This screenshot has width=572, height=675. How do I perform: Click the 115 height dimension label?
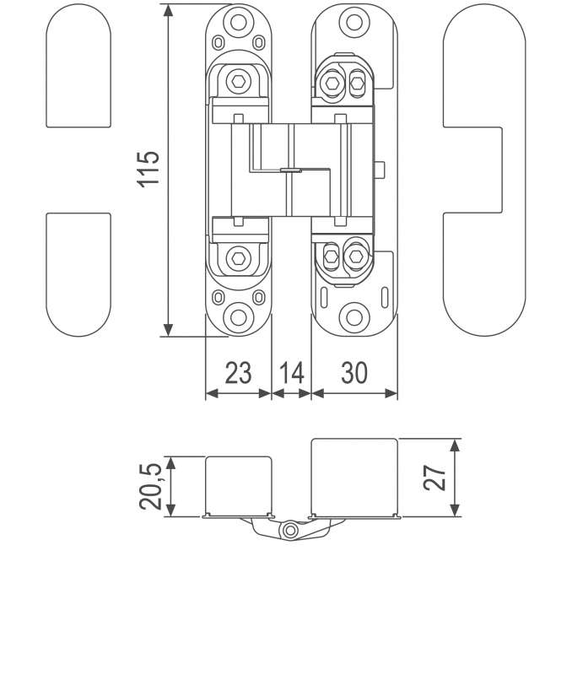coord(148,169)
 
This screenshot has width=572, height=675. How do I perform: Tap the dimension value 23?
coord(238,373)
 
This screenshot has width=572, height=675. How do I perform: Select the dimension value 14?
coord(291,373)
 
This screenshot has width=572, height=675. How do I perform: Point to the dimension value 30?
coord(354,373)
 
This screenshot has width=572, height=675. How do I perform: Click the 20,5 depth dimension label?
coord(151,486)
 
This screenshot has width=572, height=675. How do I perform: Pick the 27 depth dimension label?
coord(434,478)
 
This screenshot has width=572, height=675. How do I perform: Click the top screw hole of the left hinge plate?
coord(239,22)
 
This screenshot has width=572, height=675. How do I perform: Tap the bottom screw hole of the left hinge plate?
coord(239,317)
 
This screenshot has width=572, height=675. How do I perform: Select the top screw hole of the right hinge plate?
coord(354,22)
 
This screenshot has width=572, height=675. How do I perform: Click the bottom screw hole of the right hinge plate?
coord(354,318)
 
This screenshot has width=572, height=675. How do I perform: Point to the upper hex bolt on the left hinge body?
coord(238,81)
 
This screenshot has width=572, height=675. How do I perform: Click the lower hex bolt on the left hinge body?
coord(238,259)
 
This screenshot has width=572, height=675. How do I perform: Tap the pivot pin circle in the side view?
coord(290,530)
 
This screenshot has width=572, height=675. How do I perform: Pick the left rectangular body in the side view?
coord(239,486)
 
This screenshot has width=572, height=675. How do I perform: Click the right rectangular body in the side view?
coord(354,477)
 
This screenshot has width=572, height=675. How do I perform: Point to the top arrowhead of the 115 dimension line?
coord(168,10)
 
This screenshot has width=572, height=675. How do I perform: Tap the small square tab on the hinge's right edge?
coord(379,170)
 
